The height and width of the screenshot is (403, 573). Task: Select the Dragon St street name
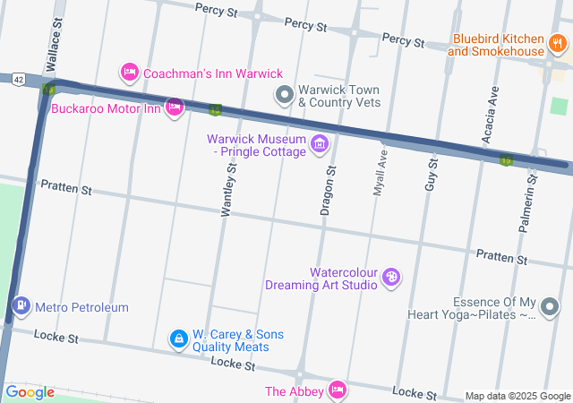(329, 191)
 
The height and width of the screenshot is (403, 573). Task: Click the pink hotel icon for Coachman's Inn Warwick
(130, 73)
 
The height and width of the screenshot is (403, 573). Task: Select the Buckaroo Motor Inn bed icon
(175, 108)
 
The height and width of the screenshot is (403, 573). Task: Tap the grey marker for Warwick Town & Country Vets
(285, 94)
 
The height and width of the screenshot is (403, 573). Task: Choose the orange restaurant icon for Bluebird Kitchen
(559, 45)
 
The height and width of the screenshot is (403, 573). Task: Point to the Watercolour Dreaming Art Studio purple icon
(391, 278)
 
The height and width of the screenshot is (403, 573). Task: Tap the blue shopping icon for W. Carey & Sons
(179, 339)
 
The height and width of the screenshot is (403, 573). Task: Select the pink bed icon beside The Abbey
(337, 390)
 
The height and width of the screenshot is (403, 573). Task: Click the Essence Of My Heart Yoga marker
(550, 309)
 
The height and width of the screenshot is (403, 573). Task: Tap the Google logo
(30, 392)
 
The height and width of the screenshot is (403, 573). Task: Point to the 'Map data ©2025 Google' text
(517, 397)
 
